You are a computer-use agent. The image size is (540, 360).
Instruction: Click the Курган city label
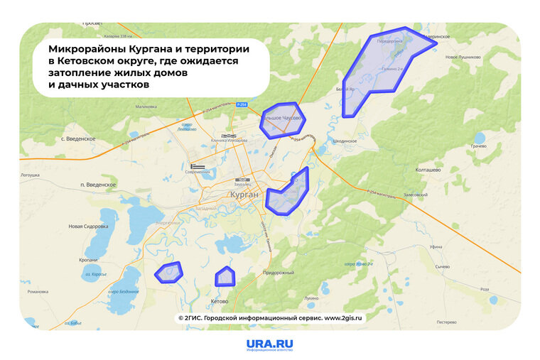click(245, 195)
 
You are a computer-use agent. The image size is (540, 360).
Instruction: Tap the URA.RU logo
click(269, 345)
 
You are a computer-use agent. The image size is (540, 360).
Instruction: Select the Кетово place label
click(219, 301)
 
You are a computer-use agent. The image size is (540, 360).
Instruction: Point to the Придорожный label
click(279, 273)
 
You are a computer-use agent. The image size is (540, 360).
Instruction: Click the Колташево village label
click(428, 170)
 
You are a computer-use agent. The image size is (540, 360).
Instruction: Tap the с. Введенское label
click(78, 138)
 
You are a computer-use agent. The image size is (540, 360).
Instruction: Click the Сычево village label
click(443, 266)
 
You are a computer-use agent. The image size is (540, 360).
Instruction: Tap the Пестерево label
click(446, 322)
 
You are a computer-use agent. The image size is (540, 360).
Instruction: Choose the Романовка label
click(37, 292)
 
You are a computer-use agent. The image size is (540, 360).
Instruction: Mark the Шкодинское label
click(345, 141)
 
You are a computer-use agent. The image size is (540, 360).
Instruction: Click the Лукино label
click(311, 298)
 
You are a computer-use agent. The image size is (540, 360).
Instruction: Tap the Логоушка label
click(30, 174)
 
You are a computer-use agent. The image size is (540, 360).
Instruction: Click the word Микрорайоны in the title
click(88, 50)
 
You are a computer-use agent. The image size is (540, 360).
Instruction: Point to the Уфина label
click(436, 246)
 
